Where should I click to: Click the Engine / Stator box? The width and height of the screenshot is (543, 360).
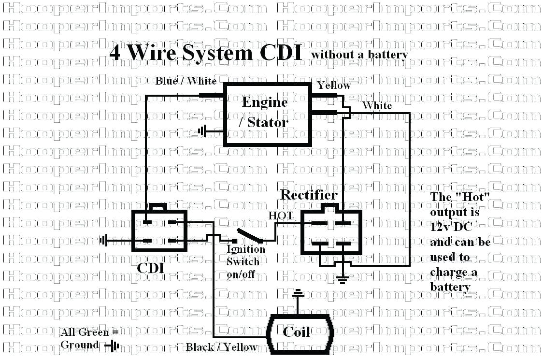click(267, 114)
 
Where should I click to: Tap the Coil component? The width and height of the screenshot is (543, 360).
click(296, 332)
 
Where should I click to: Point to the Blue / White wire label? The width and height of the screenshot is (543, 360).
click(186, 81)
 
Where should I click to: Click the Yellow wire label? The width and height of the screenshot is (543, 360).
click(334, 85)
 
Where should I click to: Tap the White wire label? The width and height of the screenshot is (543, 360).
click(377, 105)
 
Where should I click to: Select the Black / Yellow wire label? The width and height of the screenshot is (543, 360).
click(222, 347)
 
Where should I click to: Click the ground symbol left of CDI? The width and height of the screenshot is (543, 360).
click(103, 240)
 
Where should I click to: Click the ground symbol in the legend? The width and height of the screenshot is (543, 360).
click(114, 346)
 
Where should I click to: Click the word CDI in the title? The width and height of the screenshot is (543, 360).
click(281, 53)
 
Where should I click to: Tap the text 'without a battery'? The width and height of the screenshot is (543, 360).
click(359, 55)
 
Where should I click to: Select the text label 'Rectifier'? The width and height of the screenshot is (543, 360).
click(309, 195)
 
